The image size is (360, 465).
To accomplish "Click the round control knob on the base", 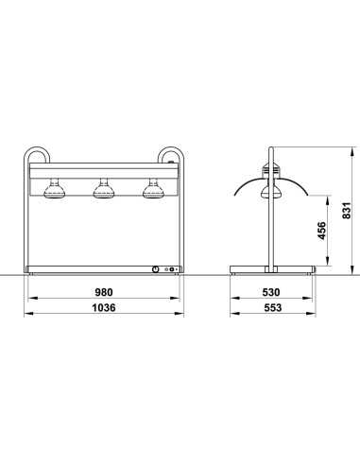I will pyautogui.click(x=154, y=268).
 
